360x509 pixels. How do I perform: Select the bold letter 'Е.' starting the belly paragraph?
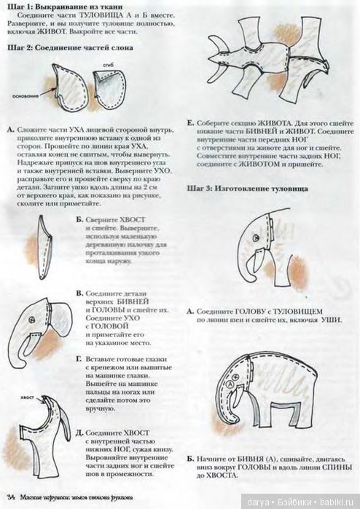(x=190, y=123)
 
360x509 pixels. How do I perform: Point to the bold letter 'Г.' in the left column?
(x=79, y=359)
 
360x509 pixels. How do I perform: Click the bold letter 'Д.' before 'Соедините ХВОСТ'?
(x=79, y=430)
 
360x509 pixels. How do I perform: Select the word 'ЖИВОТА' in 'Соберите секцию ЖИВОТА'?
(x=270, y=123)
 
